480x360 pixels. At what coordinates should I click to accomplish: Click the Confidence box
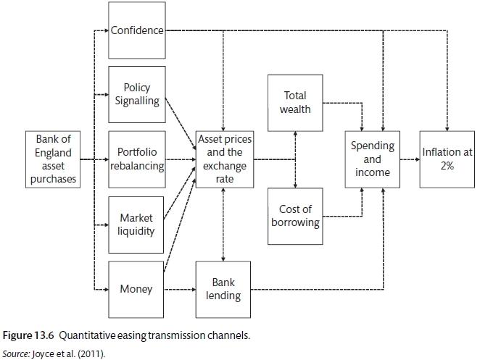coord(137,30)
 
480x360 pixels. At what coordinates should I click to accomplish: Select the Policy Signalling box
coord(137,94)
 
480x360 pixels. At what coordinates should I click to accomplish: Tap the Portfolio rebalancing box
coord(137,159)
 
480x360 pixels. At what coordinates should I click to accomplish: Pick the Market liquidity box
coord(137,225)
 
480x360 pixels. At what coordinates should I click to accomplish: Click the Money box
coord(137,289)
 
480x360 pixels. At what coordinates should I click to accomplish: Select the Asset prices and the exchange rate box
coord(225,159)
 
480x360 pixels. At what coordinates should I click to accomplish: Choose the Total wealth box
coord(295,102)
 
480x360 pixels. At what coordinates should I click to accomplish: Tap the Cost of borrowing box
coord(295,216)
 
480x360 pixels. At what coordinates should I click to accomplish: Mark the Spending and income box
coord(372,159)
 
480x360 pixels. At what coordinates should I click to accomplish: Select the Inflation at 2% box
coord(446,159)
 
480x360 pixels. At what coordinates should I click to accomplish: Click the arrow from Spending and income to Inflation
coord(410,159)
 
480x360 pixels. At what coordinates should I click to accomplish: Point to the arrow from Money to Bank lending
coord(181,289)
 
